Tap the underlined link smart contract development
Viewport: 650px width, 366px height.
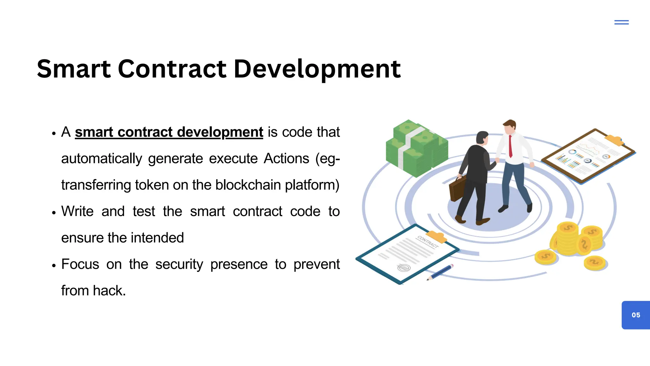click(x=169, y=132)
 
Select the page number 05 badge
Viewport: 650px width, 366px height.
click(x=636, y=315)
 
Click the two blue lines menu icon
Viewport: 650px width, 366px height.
click(x=621, y=22)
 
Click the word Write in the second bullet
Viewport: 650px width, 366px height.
click(x=77, y=211)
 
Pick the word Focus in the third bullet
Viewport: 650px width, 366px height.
click(x=80, y=264)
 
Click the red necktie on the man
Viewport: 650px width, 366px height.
click(x=510, y=146)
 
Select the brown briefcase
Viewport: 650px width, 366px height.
click(x=457, y=189)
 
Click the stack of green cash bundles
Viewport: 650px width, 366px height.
click(x=416, y=148)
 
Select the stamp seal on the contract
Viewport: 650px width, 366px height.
click(x=404, y=268)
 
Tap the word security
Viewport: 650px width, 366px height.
click(x=179, y=264)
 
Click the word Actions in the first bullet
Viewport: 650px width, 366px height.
click(x=286, y=159)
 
